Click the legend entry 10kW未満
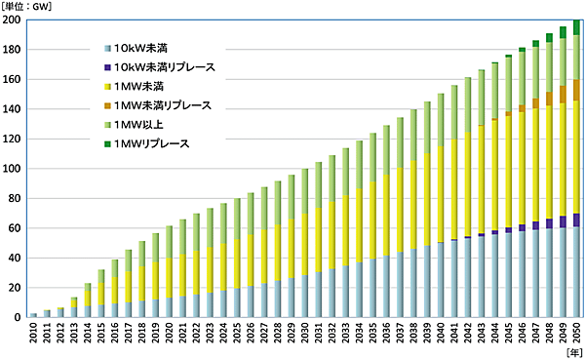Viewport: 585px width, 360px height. coord(147,48)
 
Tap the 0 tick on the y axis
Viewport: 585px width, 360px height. coord(19,318)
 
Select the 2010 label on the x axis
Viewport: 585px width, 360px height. coord(34,336)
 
